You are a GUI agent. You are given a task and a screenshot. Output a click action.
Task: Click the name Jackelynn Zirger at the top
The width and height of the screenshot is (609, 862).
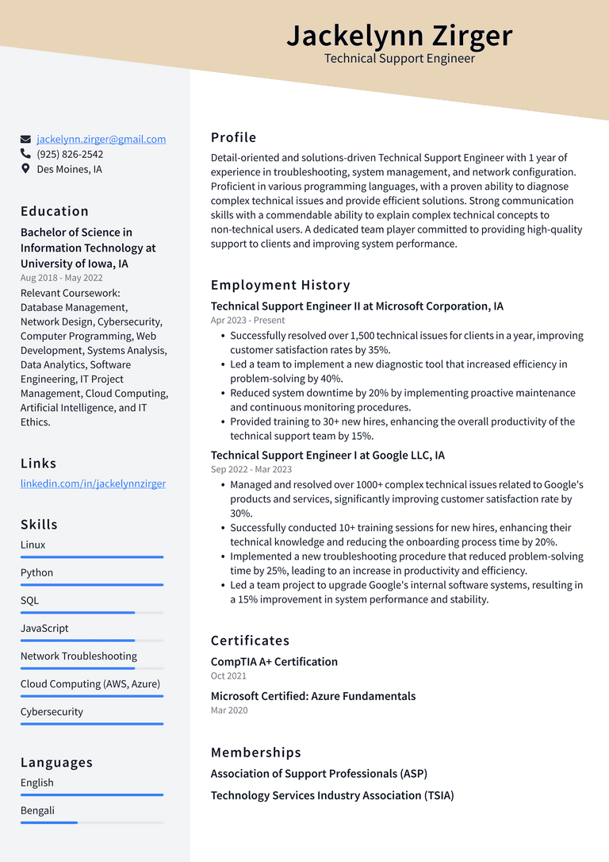(400, 36)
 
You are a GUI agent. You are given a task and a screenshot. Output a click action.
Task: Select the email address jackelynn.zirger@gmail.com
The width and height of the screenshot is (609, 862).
(101, 139)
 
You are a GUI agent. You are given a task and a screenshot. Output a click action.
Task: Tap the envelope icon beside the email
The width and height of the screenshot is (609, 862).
(26, 139)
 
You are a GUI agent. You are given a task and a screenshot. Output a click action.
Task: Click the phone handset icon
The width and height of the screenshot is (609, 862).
(26, 154)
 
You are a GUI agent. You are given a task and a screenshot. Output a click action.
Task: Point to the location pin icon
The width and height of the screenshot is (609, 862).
(26, 169)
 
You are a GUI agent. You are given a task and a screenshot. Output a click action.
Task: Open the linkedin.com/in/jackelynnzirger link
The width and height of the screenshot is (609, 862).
(93, 483)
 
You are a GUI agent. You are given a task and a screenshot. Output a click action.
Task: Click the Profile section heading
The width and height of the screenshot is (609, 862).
(233, 137)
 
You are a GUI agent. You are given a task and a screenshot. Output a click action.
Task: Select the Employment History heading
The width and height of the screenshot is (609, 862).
(280, 285)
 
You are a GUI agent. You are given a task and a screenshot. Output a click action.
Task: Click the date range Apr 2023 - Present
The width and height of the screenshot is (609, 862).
(247, 321)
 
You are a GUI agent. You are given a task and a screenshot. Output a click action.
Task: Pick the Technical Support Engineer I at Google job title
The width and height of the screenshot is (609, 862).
(327, 455)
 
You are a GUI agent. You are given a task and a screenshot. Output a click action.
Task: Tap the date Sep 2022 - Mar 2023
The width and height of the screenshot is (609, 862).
(251, 469)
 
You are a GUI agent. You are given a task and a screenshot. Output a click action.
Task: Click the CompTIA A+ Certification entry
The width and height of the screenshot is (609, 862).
(274, 661)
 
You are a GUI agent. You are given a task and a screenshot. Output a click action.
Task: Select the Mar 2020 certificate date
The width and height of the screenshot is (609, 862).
(229, 710)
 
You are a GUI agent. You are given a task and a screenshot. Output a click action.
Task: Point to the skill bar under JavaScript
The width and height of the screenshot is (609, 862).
(92, 641)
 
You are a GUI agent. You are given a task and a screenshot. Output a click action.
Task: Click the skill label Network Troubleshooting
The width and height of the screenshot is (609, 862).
(79, 656)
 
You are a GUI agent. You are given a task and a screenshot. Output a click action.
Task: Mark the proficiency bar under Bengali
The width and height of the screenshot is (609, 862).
(92, 822)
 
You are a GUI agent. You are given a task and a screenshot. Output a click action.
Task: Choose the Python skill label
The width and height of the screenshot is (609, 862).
(37, 572)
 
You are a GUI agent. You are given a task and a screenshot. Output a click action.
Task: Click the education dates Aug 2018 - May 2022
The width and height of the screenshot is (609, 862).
(62, 278)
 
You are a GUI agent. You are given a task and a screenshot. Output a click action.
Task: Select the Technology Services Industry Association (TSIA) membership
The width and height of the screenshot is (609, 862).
(332, 795)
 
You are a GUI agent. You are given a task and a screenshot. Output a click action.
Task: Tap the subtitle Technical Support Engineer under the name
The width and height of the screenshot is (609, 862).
(400, 59)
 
